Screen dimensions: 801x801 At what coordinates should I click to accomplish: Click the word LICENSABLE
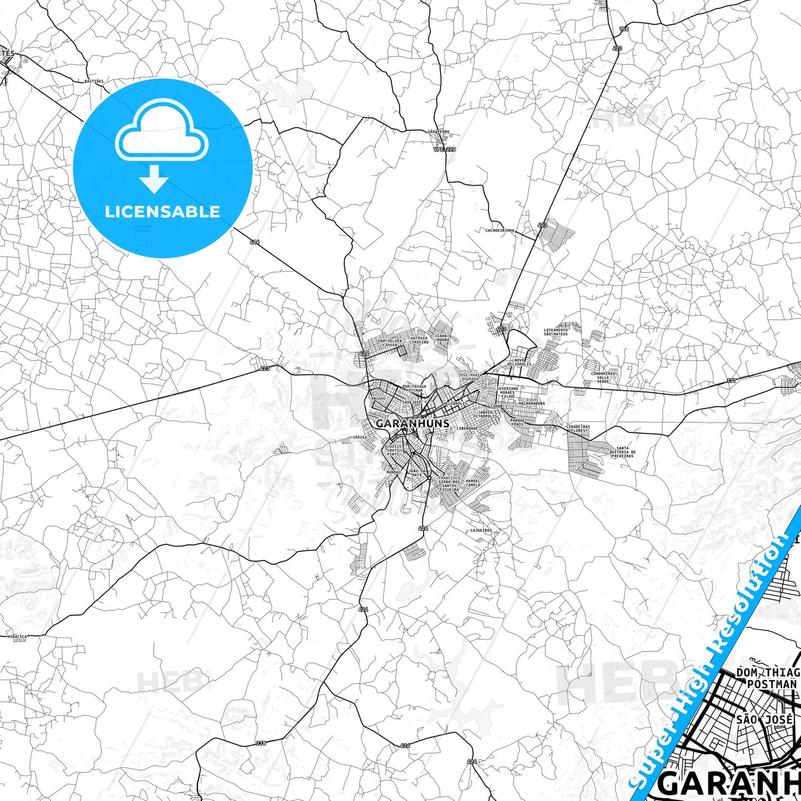[x=162, y=212]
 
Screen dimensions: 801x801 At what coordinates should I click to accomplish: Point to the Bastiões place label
[x=94, y=81]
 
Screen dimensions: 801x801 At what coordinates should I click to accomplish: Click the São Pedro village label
[x=438, y=132]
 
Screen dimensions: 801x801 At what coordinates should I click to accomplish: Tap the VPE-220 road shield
[x=445, y=150]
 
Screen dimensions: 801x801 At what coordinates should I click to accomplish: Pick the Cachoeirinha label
[x=500, y=231]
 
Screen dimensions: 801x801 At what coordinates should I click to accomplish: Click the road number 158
[x=624, y=29]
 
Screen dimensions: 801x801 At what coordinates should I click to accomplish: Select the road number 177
[x=731, y=381]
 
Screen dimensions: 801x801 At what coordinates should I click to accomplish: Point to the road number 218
[x=261, y=743]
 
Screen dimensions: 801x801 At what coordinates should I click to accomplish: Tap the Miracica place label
[x=17, y=637]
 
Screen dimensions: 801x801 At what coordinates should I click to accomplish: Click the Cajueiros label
[x=481, y=530]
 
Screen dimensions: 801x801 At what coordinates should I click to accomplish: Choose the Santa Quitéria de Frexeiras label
[x=623, y=452]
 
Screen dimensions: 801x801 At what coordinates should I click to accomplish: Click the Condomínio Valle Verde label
[x=603, y=377]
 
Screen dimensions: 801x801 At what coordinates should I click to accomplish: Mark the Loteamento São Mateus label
[x=555, y=332]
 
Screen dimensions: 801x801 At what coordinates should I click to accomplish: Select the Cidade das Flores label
[x=578, y=428]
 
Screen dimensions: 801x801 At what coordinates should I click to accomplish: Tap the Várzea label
[x=360, y=437]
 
